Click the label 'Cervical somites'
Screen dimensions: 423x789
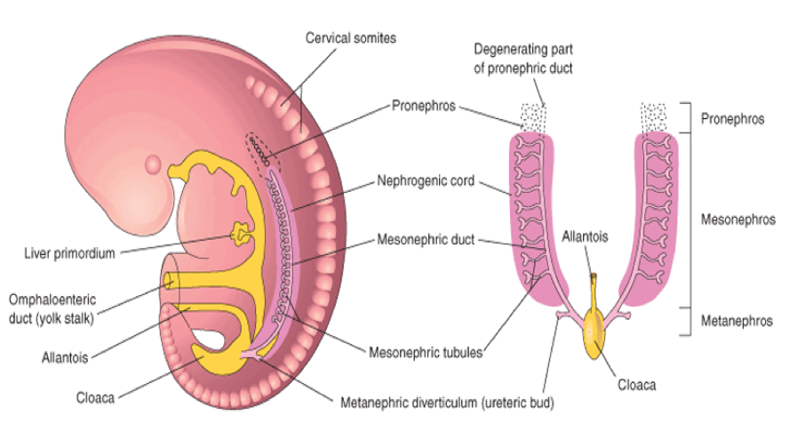(350, 38)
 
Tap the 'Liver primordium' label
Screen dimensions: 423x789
(70, 253)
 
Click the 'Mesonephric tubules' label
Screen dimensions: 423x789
(426, 351)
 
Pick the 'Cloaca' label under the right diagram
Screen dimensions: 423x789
(636, 385)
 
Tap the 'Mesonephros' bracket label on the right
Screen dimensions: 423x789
(737, 218)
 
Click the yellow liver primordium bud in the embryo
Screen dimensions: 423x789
(240, 235)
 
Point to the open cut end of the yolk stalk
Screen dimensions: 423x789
(168, 283)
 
